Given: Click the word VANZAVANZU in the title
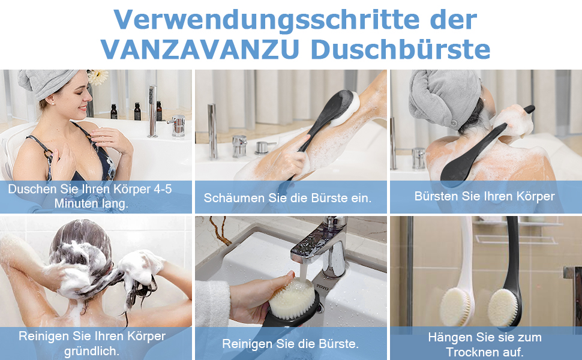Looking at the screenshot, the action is [200, 49].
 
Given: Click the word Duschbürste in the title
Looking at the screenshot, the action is [401, 49].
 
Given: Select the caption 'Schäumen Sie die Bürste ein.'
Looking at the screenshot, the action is [287, 198].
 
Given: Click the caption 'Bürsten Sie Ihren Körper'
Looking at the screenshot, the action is [484, 196].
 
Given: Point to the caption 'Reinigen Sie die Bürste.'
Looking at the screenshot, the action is [290, 344].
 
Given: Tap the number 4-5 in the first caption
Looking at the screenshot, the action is [163, 189].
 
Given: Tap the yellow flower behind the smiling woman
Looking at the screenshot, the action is [98, 77].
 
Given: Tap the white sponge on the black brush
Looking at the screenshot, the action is [346, 109].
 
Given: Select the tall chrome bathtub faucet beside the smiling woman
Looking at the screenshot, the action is [152, 112].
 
